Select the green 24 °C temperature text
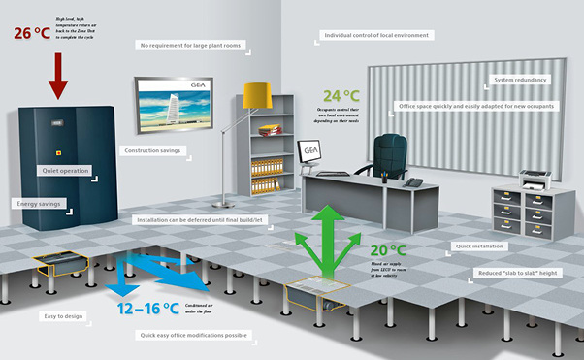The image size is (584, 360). pyautogui.click(x=341, y=97)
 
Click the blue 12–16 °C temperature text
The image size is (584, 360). pyautogui.click(x=148, y=309)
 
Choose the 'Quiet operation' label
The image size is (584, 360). pyautogui.click(x=65, y=171)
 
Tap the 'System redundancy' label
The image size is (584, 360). pyautogui.click(x=520, y=80)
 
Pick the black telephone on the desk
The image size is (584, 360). pyautogui.click(x=413, y=181)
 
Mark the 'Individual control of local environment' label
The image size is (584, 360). pyautogui.click(x=377, y=36)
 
